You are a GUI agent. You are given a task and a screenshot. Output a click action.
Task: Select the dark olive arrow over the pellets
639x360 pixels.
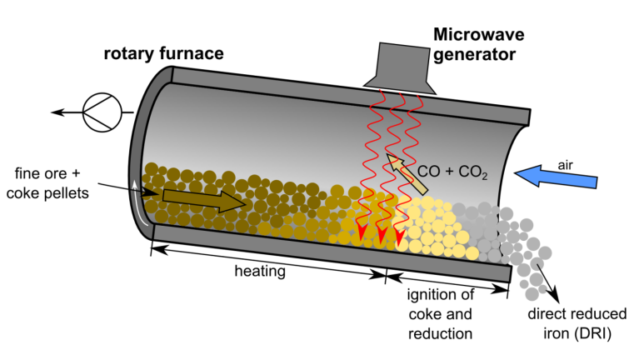tap(204, 199)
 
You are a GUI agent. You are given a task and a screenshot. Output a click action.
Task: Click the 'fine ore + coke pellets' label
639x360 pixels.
tap(48, 184)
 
